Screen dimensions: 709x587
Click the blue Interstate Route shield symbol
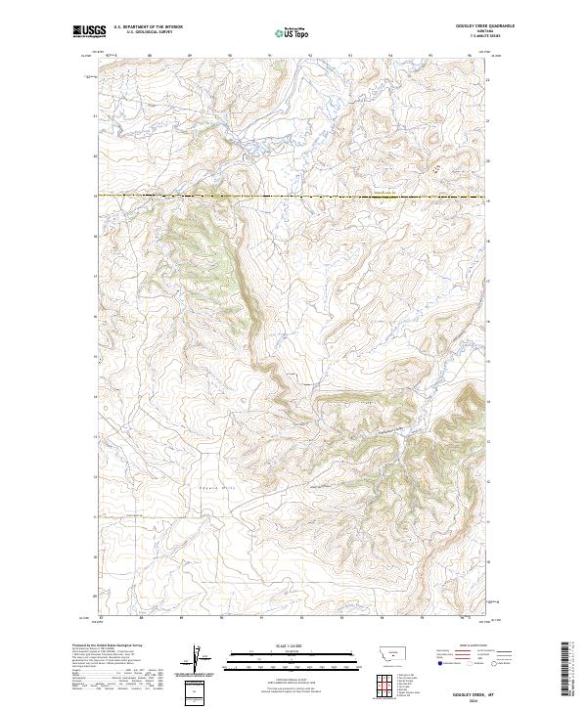tap(439, 664)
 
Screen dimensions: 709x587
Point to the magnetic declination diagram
tap(196, 662)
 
